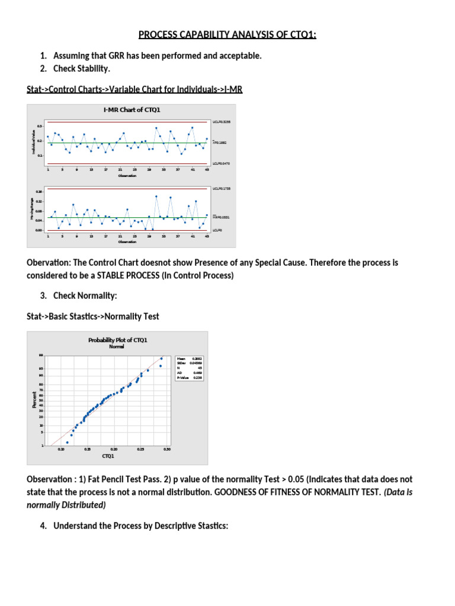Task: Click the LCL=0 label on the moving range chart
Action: (x=218, y=230)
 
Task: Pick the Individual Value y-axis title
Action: (x=33, y=143)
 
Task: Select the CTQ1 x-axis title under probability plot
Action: (x=108, y=456)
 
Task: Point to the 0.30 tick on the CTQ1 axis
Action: (x=166, y=450)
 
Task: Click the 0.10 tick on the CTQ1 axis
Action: (x=62, y=450)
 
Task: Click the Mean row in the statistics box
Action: (x=189, y=359)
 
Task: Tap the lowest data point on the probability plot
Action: (x=67, y=442)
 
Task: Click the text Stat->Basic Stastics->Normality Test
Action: (x=93, y=317)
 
